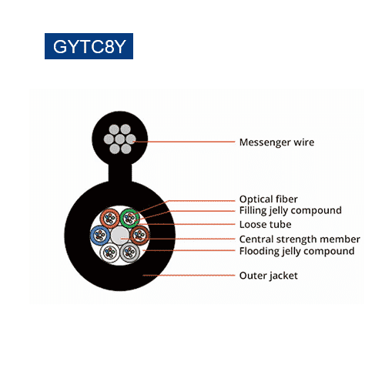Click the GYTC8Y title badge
point(89,46)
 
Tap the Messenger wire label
point(276,142)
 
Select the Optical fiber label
point(269,199)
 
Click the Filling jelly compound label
point(290,211)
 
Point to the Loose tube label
point(266,225)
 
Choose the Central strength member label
point(300,239)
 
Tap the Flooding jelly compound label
point(297,251)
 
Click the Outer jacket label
point(269,276)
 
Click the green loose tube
point(130,210)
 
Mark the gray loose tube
point(130,260)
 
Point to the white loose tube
point(110,260)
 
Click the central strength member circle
point(120,236)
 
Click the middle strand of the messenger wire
point(120,139)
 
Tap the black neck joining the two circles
point(120,172)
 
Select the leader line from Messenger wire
point(184,142)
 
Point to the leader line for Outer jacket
point(189,276)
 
